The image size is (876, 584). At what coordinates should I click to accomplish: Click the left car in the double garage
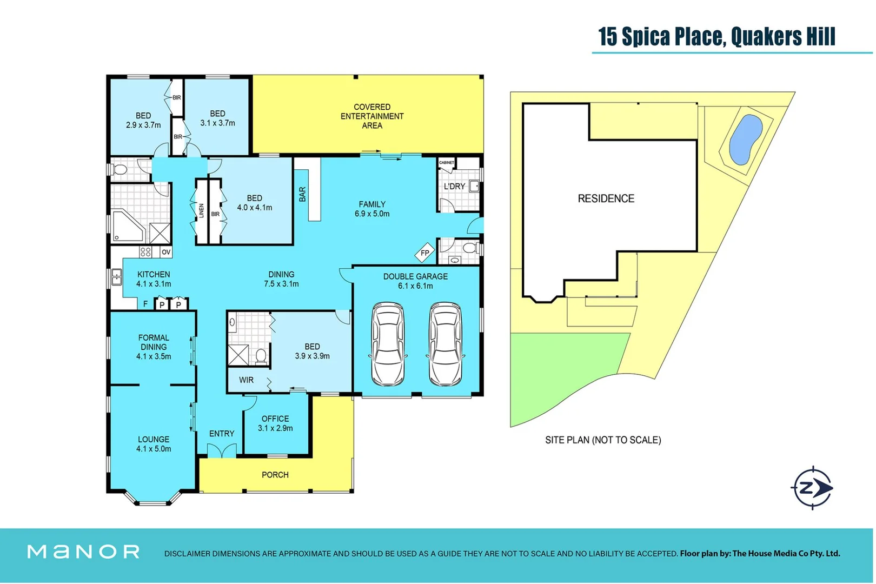(x=388, y=344)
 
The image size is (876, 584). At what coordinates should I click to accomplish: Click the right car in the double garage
(x=446, y=344)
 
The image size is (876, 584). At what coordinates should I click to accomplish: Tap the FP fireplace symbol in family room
(x=425, y=253)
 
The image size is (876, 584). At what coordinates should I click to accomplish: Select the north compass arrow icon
(x=813, y=488)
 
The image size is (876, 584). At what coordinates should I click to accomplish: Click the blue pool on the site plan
(x=745, y=139)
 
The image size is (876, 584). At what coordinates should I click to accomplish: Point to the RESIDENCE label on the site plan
(x=606, y=198)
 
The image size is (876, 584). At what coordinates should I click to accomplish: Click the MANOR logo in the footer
(x=84, y=552)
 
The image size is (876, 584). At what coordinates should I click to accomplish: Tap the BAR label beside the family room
(x=302, y=194)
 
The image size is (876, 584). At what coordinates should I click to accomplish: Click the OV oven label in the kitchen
(x=166, y=252)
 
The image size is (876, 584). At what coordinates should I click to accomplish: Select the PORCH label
(x=275, y=475)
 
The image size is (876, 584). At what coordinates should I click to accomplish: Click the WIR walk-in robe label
(x=246, y=380)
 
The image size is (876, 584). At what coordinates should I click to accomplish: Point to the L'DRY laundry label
(x=454, y=187)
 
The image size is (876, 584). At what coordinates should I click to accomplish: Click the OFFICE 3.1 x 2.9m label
(x=275, y=423)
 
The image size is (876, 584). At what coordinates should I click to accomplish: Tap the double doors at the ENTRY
(x=222, y=450)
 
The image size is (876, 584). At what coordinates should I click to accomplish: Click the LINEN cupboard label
(x=201, y=211)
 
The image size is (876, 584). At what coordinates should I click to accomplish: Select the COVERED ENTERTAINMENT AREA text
(x=372, y=116)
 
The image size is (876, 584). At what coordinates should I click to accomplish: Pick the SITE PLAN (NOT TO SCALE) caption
(x=602, y=440)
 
